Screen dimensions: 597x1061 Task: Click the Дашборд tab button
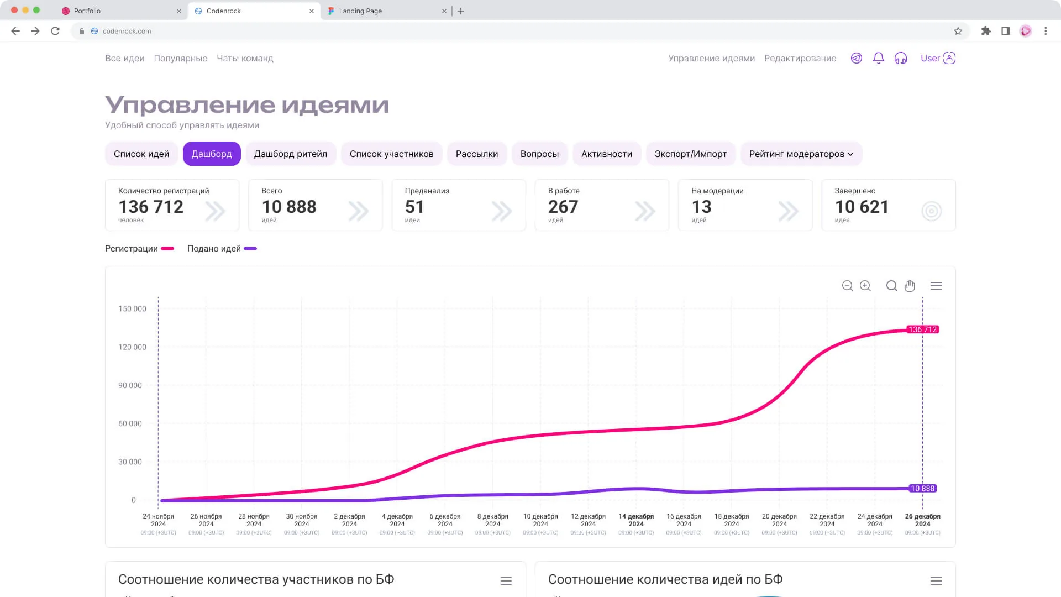pos(212,154)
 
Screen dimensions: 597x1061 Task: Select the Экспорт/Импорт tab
pos(690,154)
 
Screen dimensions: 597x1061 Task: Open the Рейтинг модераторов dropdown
pos(801,154)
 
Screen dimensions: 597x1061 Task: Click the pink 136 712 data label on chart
pos(922,329)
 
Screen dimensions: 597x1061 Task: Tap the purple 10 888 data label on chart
pos(922,489)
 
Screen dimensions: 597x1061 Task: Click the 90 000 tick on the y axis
pos(130,385)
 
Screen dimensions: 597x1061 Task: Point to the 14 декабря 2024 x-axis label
pos(636,520)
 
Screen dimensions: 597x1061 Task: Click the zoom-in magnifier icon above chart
pos(865,286)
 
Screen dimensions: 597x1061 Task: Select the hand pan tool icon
pos(910,286)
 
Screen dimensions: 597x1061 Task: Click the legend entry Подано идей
pos(222,249)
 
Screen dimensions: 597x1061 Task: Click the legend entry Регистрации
pos(139,249)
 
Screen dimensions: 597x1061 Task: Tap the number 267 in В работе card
pos(563,207)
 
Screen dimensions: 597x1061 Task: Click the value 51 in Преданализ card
pos(414,207)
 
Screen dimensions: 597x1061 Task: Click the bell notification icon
pos(878,58)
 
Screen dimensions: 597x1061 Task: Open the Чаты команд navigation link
pos(245,59)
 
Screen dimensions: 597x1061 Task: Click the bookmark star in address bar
pos(958,31)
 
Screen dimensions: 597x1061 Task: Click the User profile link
pos(937,58)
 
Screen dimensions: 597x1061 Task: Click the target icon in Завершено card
pos(931,211)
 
